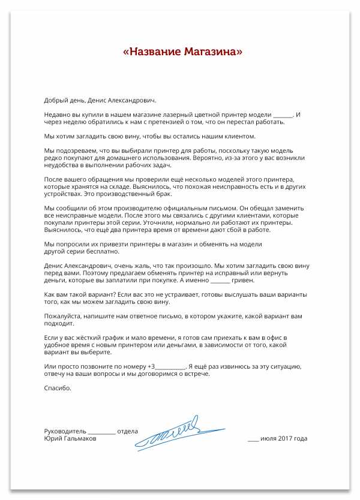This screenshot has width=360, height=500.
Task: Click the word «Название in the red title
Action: pos(152,52)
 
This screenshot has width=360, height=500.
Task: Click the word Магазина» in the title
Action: pos(214,52)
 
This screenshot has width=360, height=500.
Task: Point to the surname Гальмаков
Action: pos(79,439)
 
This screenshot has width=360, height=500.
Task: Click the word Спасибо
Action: pos(58,388)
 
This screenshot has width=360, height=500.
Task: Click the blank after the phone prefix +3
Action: pos(170,367)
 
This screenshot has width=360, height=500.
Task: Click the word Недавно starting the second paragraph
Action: pos(59,114)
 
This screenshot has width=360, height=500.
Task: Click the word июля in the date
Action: pos(269,439)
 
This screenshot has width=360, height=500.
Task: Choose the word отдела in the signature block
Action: pos(128,431)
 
